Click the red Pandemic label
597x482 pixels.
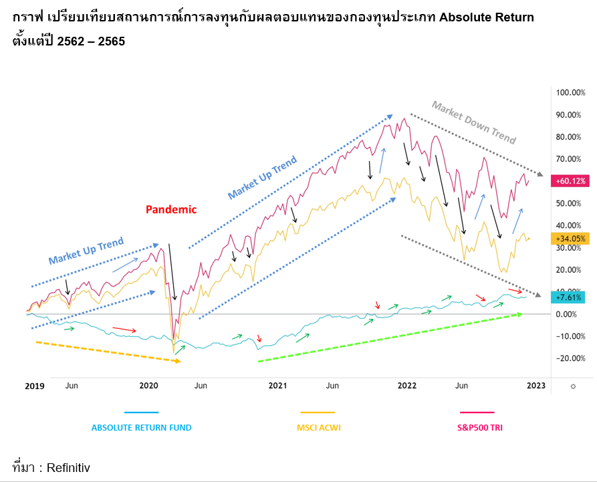(x=171, y=209)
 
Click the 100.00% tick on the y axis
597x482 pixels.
(x=570, y=92)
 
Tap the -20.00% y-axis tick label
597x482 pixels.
(x=570, y=358)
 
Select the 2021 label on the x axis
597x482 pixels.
(x=277, y=386)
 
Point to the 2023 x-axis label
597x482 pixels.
(x=536, y=386)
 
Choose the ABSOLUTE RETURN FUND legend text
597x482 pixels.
(x=141, y=428)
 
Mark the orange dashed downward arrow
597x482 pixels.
(x=107, y=352)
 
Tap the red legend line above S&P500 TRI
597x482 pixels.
(x=477, y=413)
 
